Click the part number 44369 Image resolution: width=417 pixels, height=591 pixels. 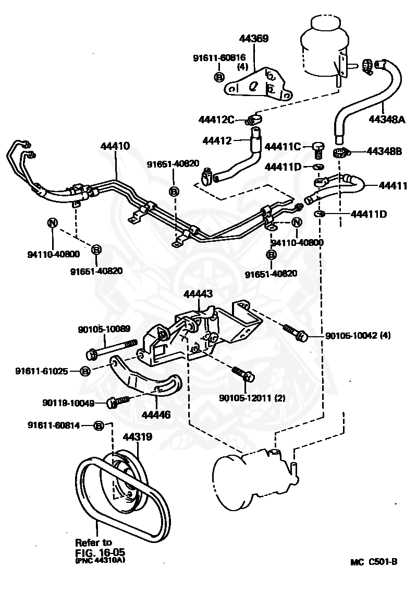pos(254,39)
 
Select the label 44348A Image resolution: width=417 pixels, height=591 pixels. pos(387,119)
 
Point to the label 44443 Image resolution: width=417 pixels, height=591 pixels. pos(198,294)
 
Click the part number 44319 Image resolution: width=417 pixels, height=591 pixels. pos(137,436)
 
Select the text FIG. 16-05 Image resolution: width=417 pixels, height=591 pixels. pos(100,551)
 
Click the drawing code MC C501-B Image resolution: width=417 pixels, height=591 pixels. pos(374,562)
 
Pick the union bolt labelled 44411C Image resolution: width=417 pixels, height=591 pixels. pos(318,148)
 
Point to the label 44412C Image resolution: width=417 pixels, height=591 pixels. pos(216,120)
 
